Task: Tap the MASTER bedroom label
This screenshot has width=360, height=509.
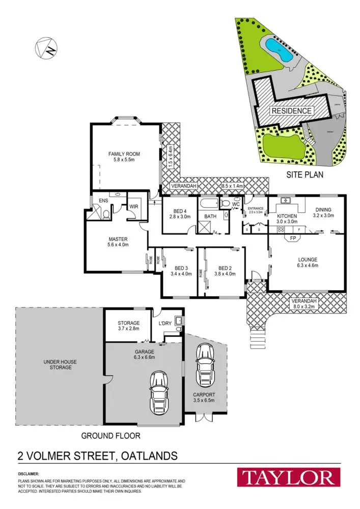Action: click(118, 239)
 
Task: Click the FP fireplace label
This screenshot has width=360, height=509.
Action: click(293, 238)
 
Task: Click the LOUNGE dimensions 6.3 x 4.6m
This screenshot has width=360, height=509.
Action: click(308, 265)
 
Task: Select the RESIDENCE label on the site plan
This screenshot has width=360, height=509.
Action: click(291, 111)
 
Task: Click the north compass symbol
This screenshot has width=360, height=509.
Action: click(46, 48)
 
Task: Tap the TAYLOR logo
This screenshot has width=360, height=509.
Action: click(288, 478)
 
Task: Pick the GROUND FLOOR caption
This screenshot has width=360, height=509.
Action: click(110, 436)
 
